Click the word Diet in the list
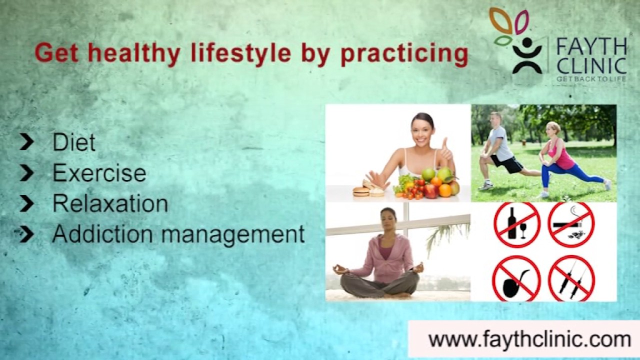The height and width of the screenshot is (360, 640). point(73,142)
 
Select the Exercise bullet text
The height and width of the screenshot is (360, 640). point(99,173)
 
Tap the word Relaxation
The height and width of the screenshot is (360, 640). point(110,203)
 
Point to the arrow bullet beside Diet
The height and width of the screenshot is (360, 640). point(27,142)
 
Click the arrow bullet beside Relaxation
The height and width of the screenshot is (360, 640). point(27,203)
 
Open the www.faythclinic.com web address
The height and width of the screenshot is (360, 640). point(529,339)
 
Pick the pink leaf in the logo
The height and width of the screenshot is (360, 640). point(521,21)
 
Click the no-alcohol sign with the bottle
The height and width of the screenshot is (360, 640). point(516,224)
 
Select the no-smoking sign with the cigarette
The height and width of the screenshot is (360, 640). point(571,224)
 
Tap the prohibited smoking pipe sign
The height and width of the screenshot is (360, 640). point(516,278)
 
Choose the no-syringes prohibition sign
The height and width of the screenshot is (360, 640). point(571,278)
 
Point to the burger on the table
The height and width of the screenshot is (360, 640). point(361,191)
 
